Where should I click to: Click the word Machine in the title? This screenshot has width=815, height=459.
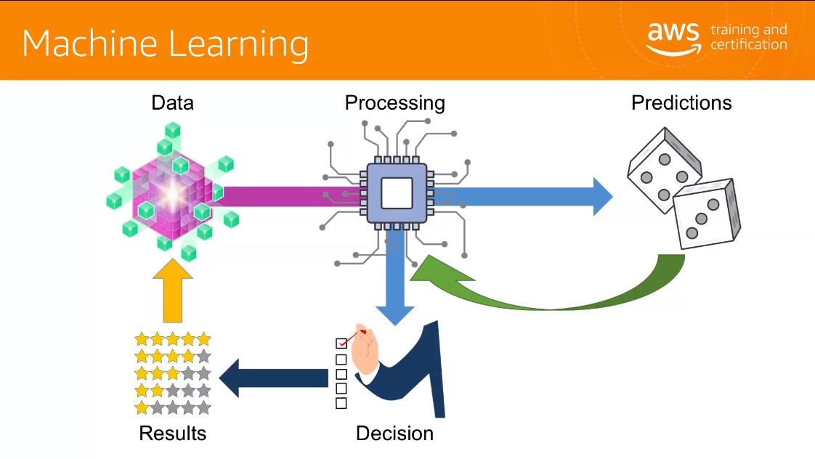(89, 43)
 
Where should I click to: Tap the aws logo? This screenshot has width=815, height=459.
(673, 38)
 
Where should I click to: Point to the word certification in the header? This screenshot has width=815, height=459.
(748, 45)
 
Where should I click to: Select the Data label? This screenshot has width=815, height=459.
(173, 103)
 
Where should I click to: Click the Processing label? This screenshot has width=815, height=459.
(394, 103)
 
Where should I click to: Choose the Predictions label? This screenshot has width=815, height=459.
(681, 103)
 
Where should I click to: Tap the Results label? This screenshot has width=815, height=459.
(173, 433)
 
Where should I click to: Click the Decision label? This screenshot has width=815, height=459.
(394, 433)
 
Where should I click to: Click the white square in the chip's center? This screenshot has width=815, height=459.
(397, 193)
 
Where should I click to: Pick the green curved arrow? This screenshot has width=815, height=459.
(551, 291)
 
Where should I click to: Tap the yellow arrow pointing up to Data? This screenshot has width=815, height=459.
(173, 291)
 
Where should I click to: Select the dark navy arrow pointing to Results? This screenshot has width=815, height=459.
(274, 378)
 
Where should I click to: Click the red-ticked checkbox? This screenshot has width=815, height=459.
(341, 343)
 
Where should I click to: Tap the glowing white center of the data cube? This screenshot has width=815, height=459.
(172, 194)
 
